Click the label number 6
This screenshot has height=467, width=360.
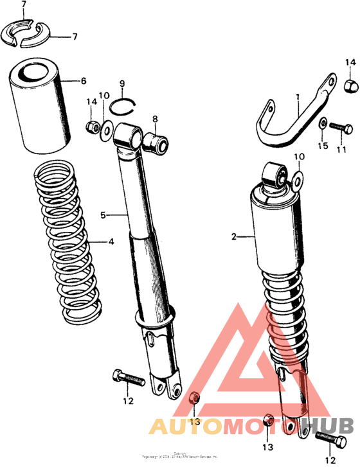point(84,81)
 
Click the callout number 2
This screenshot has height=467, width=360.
point(235,238)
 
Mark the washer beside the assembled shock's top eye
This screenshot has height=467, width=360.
point(298,179)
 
